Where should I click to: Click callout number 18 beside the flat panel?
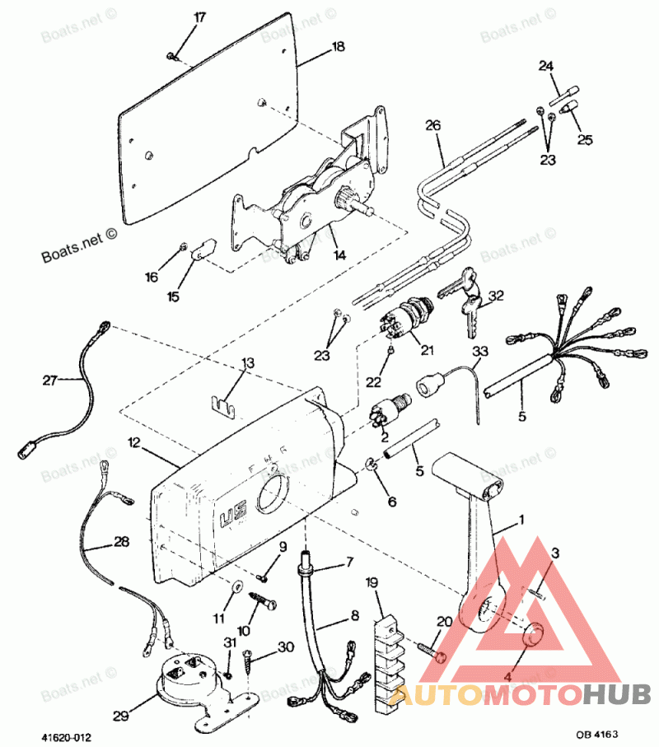point(338,48)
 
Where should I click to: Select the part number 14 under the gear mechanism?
point(339,255)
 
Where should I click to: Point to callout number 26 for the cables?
point(433,125)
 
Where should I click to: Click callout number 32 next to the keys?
point(496,296)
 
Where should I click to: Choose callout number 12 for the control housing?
point(134,443)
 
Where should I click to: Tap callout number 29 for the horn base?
point(120,717)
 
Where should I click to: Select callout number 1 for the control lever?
point(520,521)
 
